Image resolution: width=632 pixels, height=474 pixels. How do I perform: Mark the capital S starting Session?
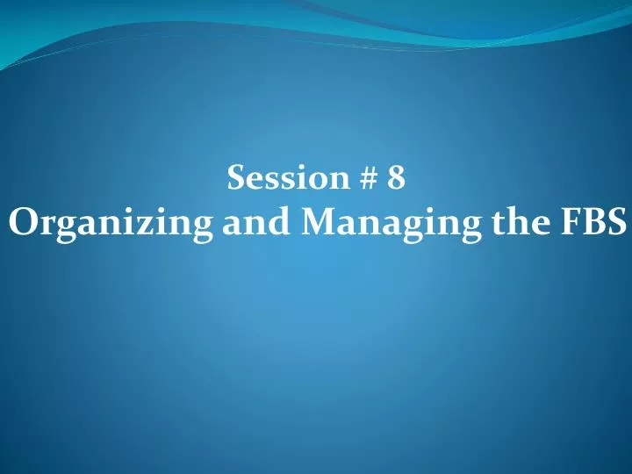[x=236, y=178]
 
